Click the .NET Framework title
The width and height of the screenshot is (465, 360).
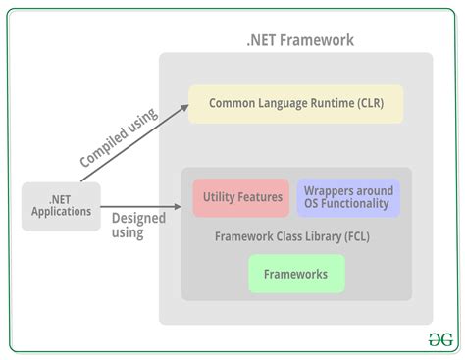coord(300,40)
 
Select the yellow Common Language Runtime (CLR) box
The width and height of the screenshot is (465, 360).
coord(295,103)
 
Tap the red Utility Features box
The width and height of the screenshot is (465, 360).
coord(241,197)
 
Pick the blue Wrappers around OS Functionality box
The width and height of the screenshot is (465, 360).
coord(348,197)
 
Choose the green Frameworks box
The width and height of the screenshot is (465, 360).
coord(295,274)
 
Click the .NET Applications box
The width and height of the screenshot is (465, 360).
coord(61,205)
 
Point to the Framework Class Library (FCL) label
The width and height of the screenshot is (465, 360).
coord(291,236)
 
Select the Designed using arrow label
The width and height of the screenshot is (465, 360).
coord(137,225)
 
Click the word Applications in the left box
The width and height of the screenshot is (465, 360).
coord(61,211)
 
